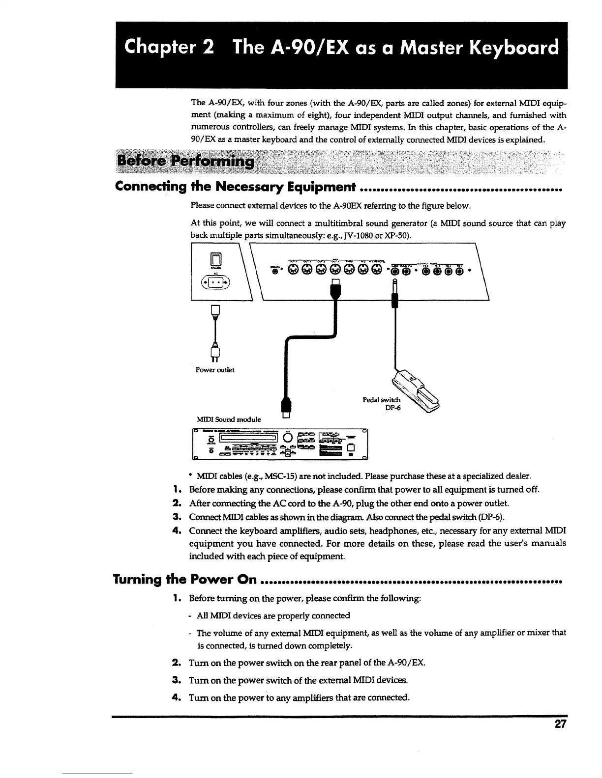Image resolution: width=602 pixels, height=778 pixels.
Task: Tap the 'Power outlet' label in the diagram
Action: (x=215, y=370)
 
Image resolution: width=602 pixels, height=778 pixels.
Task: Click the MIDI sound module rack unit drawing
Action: (x=279, y=444)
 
